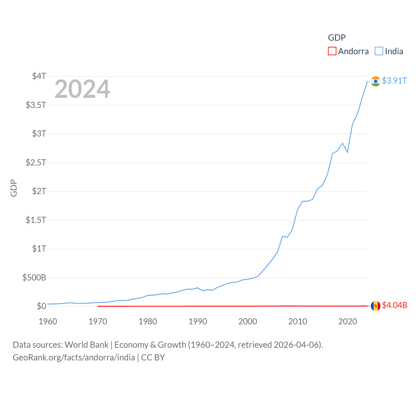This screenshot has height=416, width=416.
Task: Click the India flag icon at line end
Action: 375,81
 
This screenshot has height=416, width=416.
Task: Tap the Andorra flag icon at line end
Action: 375,306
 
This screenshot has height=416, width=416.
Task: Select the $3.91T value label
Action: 394,81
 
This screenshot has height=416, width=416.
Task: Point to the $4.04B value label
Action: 395,305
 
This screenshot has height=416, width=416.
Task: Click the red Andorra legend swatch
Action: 332,51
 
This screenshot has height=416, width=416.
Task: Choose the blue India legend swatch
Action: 379,51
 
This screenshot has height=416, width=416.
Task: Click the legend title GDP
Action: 337,38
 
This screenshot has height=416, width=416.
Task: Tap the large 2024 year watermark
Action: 82,89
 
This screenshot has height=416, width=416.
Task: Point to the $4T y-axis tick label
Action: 39,76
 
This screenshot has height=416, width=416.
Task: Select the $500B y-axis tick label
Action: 34,278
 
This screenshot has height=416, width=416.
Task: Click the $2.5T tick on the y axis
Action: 36,162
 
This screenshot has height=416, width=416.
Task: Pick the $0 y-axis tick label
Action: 41,306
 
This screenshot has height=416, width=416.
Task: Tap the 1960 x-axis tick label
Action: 48,321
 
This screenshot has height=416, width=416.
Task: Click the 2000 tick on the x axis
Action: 248,321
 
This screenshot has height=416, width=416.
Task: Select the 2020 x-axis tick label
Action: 347,321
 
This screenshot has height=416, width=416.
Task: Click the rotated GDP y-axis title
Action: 14,188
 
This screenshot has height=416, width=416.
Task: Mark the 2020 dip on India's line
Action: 347,152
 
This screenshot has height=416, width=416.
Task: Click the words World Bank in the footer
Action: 86,345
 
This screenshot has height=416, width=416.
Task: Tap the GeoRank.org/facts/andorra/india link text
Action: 74,357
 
